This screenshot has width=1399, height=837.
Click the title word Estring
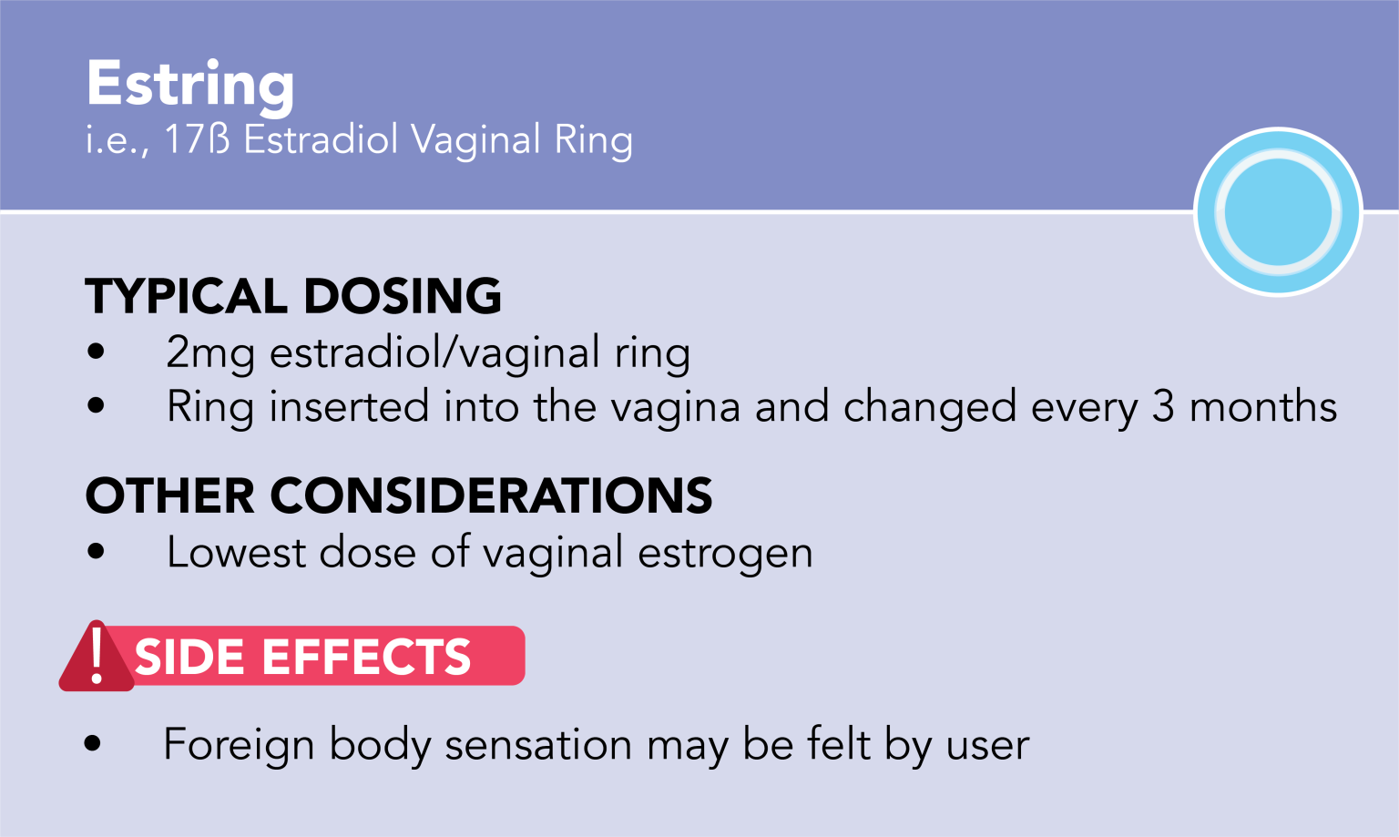(190, 84)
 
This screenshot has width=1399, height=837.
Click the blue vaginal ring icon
(1278, 212)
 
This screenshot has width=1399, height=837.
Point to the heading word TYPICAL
(186, 297)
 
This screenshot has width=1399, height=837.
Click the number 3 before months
(1163, 407)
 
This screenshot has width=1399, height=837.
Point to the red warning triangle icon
(96, 658)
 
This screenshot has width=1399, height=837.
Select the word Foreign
(239, 746)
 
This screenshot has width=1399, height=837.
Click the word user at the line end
(987, 746)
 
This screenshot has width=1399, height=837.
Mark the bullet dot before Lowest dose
(96, 551)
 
